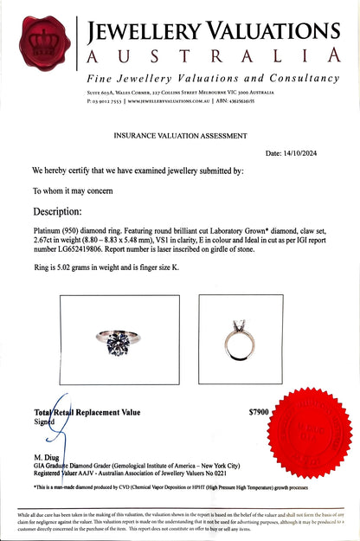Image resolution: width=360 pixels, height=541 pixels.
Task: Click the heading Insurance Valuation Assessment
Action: pos(179,135)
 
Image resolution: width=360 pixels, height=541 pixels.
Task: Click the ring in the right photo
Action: pos(228,339)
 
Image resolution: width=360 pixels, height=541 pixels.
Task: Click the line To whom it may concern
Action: pos(74,190)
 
